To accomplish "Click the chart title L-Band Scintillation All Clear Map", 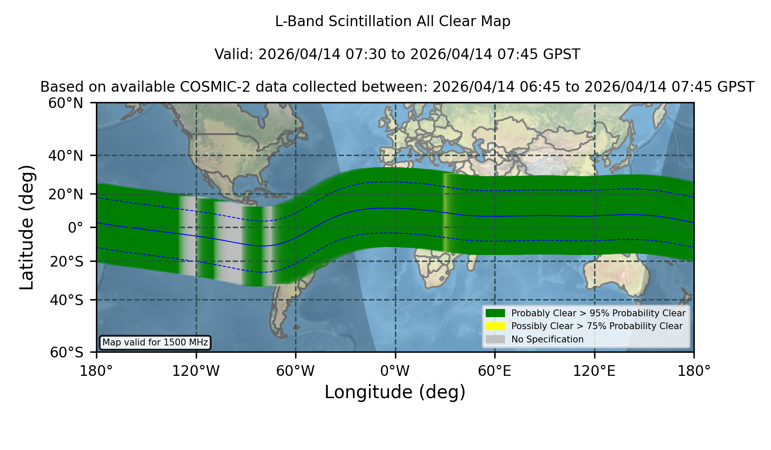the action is point(392,21).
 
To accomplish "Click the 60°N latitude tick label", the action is point(66,103).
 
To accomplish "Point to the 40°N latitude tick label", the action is point(66,156).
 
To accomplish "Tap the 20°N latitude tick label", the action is point(66,194).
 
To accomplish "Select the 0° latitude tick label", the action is point(75,228).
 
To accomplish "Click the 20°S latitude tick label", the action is point(67,261).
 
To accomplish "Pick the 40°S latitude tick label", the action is point(67,300).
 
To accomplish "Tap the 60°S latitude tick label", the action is point(67,352).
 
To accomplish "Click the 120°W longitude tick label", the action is point(196,371).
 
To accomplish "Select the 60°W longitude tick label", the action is point(295,371).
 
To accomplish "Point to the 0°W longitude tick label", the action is point(395,371).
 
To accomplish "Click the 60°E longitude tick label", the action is point(494,371).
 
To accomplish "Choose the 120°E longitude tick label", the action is point(594,371).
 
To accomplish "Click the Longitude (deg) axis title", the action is point(395,392).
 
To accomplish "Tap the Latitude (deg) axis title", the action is point(27,227).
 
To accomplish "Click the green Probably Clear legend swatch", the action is point(496,313).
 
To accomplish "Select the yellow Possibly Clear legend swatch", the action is point(496,326).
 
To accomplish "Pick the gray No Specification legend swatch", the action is point(496,339).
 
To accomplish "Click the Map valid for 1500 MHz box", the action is point(155,342).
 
